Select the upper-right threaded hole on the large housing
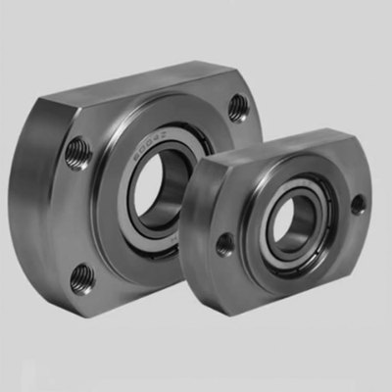tap(238, 107)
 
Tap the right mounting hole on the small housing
tap(358, 204)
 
